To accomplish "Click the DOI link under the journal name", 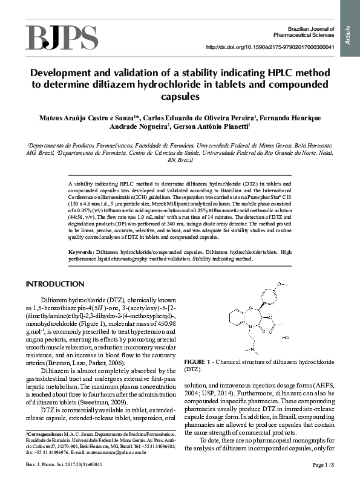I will point(270,47).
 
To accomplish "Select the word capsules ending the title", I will point(180,96).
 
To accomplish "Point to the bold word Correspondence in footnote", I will point(45,435).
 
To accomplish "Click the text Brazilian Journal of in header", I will point(311,29).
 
